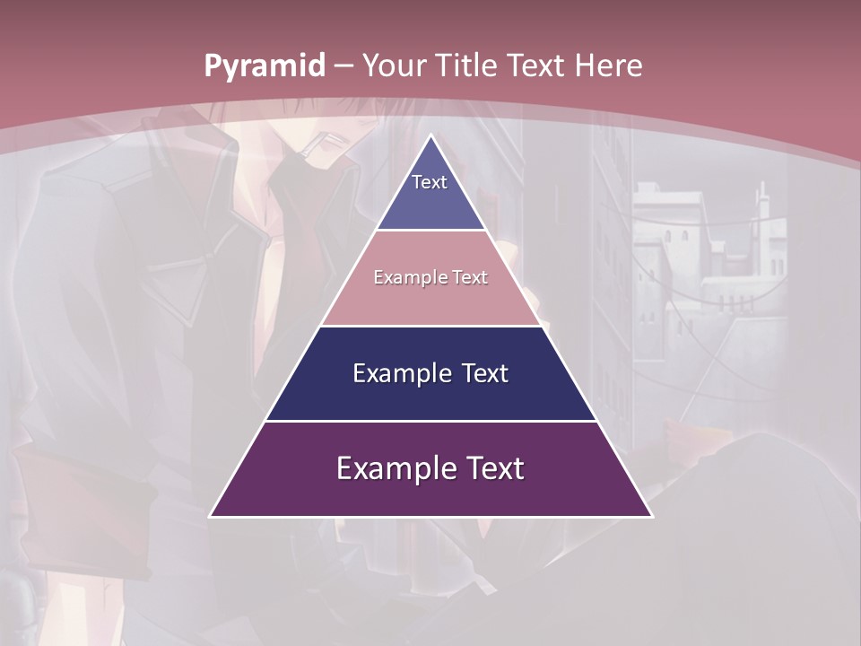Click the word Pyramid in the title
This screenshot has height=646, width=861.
tap(265, 65)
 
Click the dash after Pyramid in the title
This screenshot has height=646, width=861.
tap(344, 66)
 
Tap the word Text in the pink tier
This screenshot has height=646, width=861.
tap(471, 278)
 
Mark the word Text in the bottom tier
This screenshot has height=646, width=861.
tap(495, 468)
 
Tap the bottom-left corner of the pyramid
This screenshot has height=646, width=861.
tap(211, 516)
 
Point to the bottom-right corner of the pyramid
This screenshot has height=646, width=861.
tap(651, 516)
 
